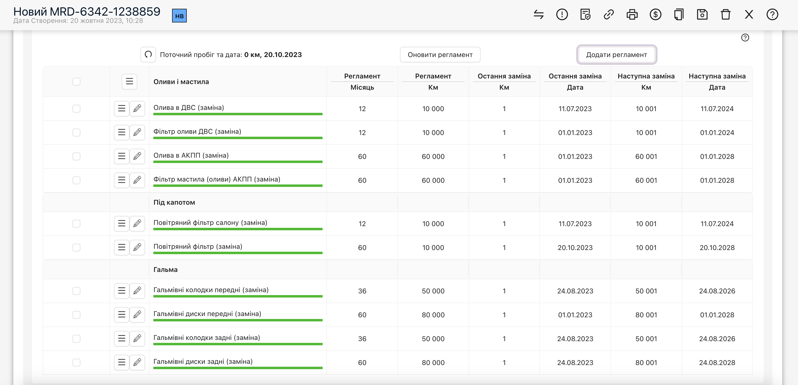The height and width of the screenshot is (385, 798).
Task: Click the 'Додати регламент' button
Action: (616, 55)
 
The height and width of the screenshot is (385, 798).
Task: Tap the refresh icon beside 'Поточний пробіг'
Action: (148, 55)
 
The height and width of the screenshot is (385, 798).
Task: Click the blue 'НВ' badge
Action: (179, 16)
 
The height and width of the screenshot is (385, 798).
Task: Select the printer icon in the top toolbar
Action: (632, 15)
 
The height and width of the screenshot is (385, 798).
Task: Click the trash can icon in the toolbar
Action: (725, 15)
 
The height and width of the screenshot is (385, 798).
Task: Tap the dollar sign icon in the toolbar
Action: (656, 15)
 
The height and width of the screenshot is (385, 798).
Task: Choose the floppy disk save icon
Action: (702, 15)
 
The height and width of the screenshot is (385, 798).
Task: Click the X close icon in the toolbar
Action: (749, 15)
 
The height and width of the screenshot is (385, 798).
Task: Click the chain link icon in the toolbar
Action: (609, 15)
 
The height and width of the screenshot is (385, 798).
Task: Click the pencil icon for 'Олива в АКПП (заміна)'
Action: (137, 156)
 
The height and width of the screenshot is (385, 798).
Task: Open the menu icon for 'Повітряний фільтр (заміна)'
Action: (122, 247)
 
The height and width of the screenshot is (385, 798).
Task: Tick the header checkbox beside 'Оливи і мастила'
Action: (76, 82)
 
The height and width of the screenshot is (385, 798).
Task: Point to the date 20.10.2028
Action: (717, 248)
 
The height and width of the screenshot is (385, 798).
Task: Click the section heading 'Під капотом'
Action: (174, 202)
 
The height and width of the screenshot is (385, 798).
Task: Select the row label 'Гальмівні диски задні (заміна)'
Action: (203, 361)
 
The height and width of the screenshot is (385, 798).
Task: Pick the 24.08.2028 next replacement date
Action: (717, 363)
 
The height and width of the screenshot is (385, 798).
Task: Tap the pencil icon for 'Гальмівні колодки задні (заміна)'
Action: (137, 338)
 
